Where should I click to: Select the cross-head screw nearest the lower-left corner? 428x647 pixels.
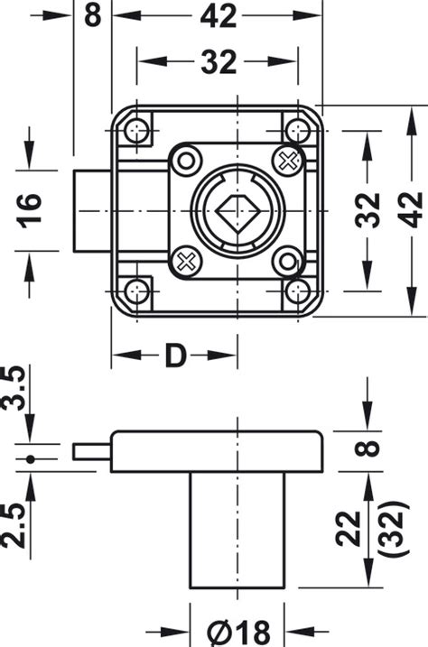[187, 263]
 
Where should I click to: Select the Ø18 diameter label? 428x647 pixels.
[237, 631]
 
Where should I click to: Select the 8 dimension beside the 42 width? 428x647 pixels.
[92, 15]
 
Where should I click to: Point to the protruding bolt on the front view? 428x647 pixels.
[92, 212]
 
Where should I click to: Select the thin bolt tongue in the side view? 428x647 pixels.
[93, 449]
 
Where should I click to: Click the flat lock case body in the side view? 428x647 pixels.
[217, 451]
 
